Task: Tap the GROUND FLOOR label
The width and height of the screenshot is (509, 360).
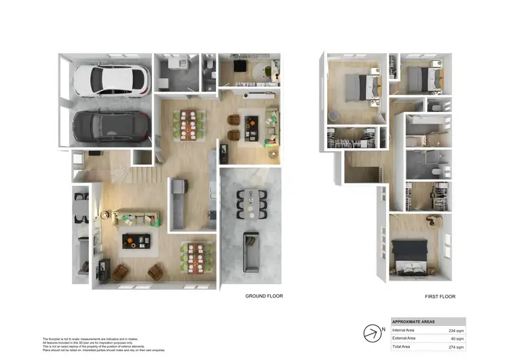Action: (264, 296)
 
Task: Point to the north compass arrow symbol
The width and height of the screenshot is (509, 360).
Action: (373, 333)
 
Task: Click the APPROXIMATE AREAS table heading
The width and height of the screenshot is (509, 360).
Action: (413, 321)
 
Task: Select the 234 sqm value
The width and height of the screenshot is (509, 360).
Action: (456, 330)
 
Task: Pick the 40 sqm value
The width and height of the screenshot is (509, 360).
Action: (457, 338)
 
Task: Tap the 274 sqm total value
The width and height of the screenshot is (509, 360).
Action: (456, 347)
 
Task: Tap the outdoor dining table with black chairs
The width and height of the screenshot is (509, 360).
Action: (251, 204)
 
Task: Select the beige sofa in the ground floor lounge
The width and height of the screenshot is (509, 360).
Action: (137, 218)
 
